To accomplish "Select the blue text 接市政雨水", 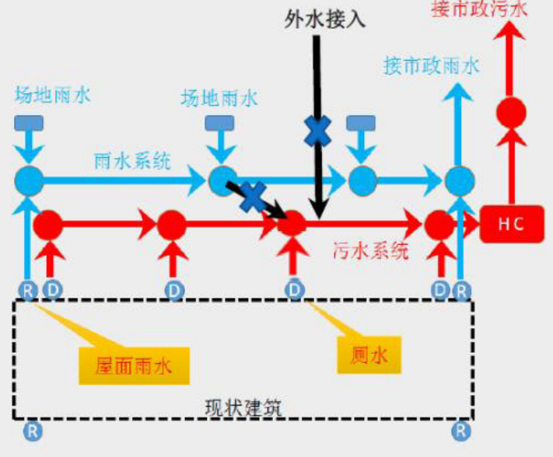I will [x=431, y=65].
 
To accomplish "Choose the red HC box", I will [x=512, y=224].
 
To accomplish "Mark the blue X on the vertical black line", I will [x=317, y=131].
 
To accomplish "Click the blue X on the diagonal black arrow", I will [x=251, y=196].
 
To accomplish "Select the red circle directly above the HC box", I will [x=512, y=113].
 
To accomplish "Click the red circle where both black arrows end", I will [x=292, y=224].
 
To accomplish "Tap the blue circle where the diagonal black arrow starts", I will [x=223, y=180].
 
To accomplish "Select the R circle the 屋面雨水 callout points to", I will [x=29, y=291].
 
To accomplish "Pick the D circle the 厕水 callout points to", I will [x=294, y=290].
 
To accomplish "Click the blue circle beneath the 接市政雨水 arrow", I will [x=459, y=180].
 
